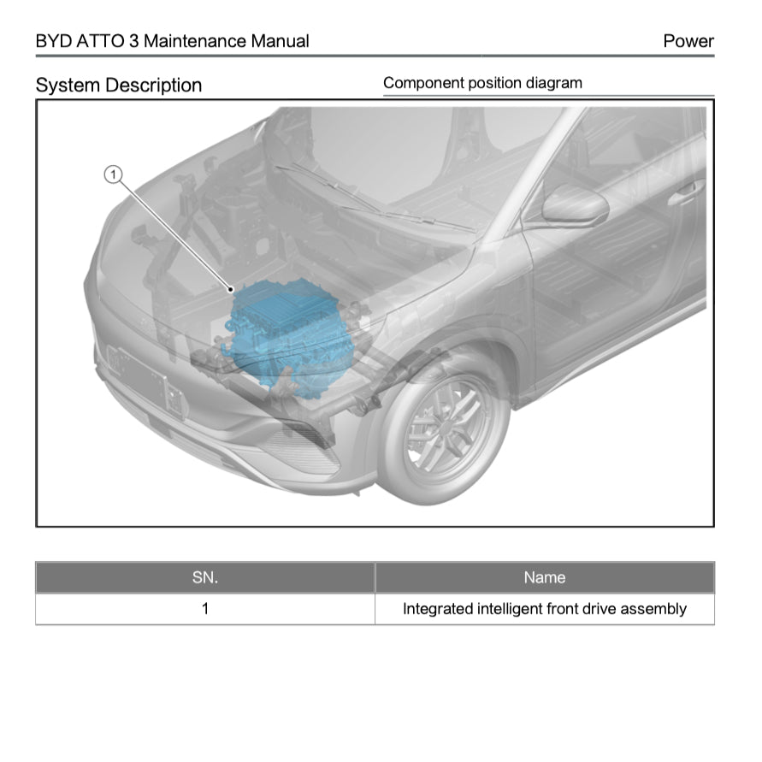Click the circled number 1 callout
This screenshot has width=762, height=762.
pyautogui.click(x=114, y=175)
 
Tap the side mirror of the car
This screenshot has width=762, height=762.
pyautogui.click(x=574, y=206)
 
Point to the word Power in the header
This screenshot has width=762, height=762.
pyautogui.click(x=688, y=41)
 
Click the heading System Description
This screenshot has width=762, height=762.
pyautogui.click(x=119, y=86)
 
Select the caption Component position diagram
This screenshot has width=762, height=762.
pyautogui.click(x=482, y=83)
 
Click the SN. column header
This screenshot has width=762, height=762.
pyautogui.click(x=205, y=577)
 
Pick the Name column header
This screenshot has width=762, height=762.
pyautogui.click(x=544, y=577)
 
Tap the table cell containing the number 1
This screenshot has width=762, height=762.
pyautogui.click(x=205, y=609)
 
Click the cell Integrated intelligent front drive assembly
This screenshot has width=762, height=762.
pyautogui.click(x=544, y=609)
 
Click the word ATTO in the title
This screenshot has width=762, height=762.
pyautogui.click(x=102, y=41)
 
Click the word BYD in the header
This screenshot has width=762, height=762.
pyautogui.click(x=53, y=41)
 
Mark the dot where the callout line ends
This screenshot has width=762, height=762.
pyautogui.click(x=230, y=291)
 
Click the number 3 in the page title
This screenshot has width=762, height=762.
pyautogui.click(x=134, y=41)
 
